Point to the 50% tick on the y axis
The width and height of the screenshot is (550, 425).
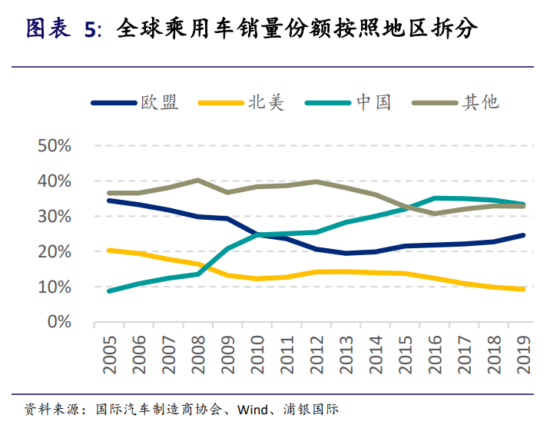[54, 146]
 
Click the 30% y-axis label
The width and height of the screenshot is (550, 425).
[54, 217]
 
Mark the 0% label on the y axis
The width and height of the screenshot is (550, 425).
[58, 322]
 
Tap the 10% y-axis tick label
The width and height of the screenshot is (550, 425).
[54, 287]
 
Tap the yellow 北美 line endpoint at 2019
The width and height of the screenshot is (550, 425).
[524, 289]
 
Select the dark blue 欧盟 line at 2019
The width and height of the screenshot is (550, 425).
[524, 235]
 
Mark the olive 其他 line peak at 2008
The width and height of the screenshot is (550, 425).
[198, 181]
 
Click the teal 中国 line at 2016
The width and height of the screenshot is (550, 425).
[436, 198]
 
